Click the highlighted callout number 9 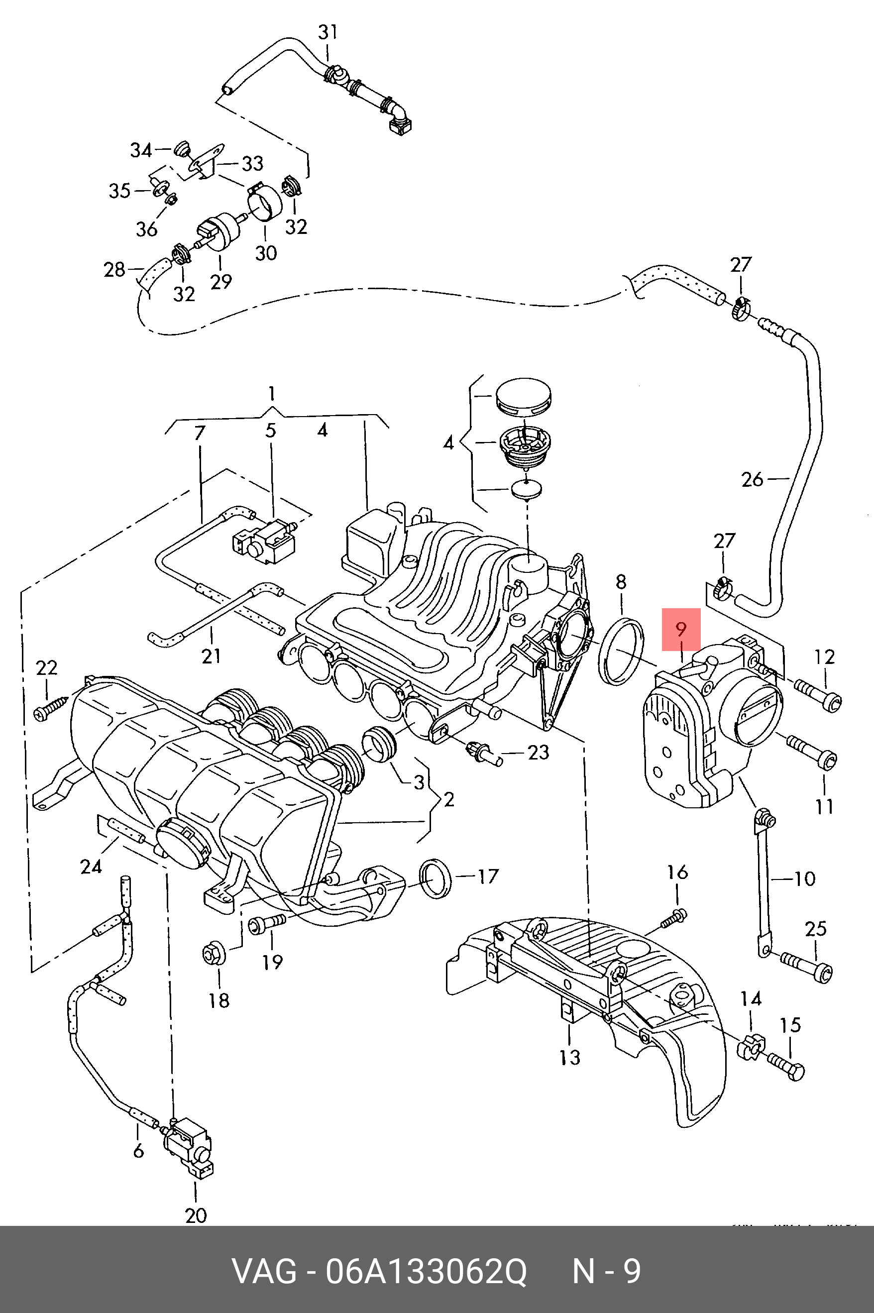pyautogui.click(x=680, y=629)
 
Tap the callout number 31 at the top pyautogui.click(x=328, y=32)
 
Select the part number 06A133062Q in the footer pyautogui.click(x=426, y=1272)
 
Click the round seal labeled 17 pyautogui.click(x=435, y=879)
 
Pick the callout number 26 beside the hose pyautogui.click(x=752, y=479)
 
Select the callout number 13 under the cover pyautogui.click(x=570, y=1057)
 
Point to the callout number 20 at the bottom pyautogui.click(x=196, y=1215)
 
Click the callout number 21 pyautogui.click(x=211, y=656)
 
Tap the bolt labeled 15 pyautogui.click(x=786, y=1065)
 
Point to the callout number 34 pyautogui.click(x=141, y=150)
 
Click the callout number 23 pyautogui.click(x=539, y=753)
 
